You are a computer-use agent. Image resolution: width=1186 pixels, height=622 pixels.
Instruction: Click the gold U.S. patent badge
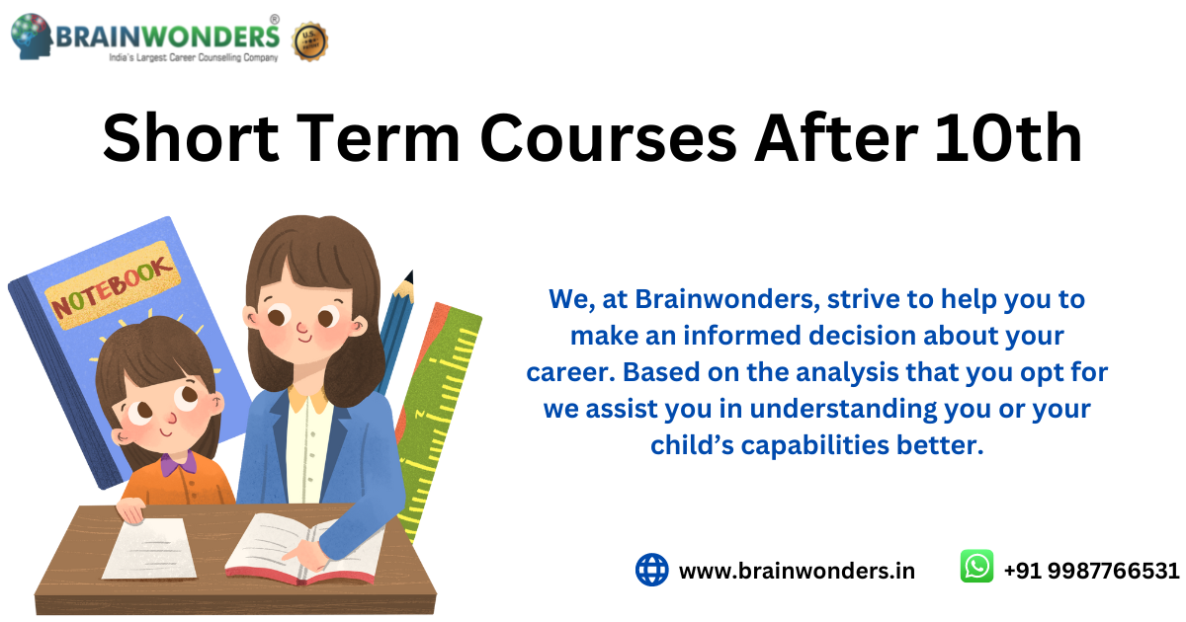(x=309, y=41)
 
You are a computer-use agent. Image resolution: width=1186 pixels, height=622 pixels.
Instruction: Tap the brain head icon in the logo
(x=32, y=36)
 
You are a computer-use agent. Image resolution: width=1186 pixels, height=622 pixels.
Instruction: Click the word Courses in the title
(x=608, y=139)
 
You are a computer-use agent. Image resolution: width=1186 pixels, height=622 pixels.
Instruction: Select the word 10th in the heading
(x=1008, y=137)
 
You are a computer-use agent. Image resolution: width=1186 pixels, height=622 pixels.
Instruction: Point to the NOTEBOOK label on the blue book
(x=113, y=285)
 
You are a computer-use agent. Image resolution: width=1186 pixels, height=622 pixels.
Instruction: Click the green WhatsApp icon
(x=976, y=566)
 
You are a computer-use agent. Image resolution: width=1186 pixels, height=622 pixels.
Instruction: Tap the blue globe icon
(x=651, y=570)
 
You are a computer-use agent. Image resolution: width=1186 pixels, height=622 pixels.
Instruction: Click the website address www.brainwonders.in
(x=797, y=571)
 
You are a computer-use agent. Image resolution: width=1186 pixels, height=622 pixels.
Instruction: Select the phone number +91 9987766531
(x=1092, y=571)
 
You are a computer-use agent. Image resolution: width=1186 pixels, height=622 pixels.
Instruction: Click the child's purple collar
(x=179, y=464)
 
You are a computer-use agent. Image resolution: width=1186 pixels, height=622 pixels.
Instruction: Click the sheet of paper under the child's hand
(x=150, y=549)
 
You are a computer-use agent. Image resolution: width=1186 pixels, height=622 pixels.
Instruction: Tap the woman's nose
(x=302, y=328)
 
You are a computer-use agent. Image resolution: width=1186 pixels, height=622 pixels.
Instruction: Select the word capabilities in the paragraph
(x=814, y=445)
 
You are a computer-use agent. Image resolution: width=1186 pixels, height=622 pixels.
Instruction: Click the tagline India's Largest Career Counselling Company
(x=194, y=57)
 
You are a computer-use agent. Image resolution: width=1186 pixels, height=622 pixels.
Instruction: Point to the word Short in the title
(x=191, y=138)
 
